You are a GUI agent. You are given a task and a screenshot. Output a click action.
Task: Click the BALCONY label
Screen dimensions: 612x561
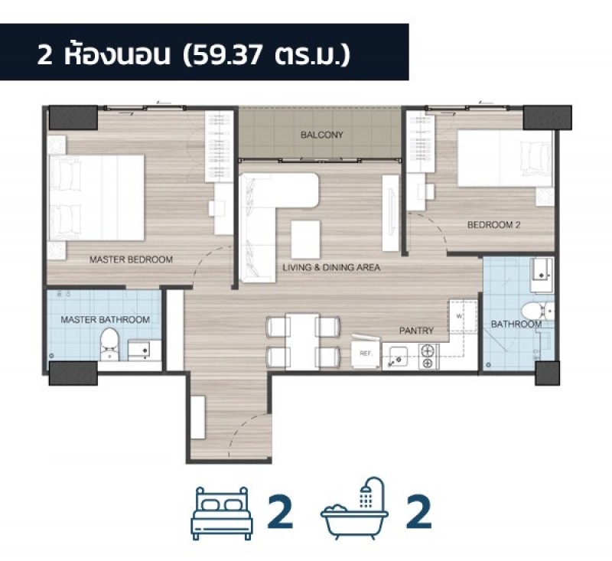(x=321, y=135)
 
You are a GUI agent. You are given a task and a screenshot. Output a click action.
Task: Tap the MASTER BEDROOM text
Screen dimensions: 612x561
(x=131, y=259)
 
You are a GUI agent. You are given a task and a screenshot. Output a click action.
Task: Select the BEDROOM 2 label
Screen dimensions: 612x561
(x=493, y=225)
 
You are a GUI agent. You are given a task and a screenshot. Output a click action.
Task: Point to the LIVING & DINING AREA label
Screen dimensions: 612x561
(x=331, y=267)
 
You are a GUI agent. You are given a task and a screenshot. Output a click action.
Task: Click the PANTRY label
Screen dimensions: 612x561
(x=416, y=331)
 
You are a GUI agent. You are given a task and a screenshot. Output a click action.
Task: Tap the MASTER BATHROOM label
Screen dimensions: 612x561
(x=105, y=320)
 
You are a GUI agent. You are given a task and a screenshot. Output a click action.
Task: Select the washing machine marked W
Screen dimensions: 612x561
(x=463, y=316)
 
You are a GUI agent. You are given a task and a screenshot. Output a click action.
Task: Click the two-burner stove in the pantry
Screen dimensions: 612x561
(x=429, y=357)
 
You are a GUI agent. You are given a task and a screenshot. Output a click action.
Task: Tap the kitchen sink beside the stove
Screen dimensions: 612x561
(x=395, y=357)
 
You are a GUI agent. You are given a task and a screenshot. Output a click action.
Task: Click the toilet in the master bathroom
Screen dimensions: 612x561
(x=109, y=344)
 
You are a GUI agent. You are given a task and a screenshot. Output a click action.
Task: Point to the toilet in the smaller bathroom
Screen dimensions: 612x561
(x=538, y=311)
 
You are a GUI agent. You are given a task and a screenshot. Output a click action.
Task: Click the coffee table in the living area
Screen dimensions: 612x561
(x=305, y=240)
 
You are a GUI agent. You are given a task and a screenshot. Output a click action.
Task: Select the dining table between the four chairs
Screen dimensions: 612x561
(x=302, y=341)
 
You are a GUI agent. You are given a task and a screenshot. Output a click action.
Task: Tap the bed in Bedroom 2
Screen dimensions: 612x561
(x=506, y=158)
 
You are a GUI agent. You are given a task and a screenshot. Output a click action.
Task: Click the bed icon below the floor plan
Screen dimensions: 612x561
(x=222, y=514)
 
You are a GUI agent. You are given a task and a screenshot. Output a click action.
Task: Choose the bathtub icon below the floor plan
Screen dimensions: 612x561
(x=355, y=508)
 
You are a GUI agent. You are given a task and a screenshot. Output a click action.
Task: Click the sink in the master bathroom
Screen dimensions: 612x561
(x=139, y=350)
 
